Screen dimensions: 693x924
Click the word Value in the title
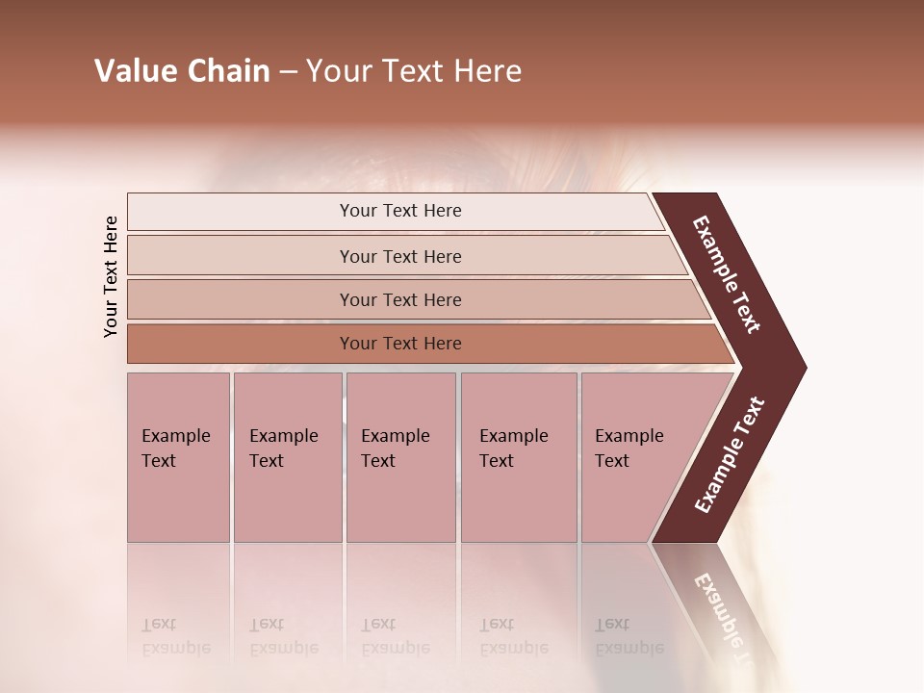(134, 71)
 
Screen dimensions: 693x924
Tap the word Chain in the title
(227, 71)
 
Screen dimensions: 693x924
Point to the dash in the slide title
(288, 72)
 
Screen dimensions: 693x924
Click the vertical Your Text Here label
(111, 276)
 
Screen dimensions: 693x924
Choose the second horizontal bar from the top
(399, 256)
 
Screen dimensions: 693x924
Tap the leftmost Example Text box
(178, 457)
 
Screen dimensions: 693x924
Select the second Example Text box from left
(287, 457)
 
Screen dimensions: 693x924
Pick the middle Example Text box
(400, 457)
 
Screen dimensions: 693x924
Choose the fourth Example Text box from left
(519, 457)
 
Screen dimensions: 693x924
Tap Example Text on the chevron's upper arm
(727, 274)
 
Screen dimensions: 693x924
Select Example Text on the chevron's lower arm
(729, 455)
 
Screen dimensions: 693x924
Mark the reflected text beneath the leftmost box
(175, 636)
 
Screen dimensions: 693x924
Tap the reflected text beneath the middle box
(395, 636)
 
